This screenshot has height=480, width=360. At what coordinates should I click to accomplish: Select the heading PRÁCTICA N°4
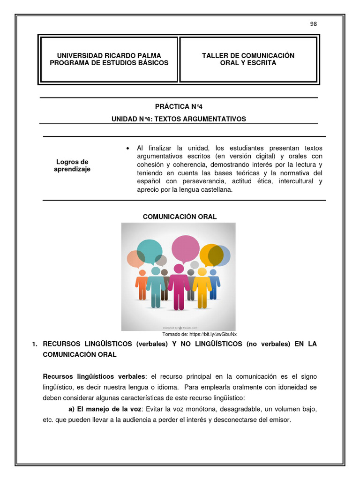[179, 107]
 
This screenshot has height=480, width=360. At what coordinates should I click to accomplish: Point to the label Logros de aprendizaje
[72, 165]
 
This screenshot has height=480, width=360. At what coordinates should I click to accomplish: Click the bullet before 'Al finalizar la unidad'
[127, 149]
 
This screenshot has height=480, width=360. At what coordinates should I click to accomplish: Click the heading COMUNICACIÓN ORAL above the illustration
[180, 217]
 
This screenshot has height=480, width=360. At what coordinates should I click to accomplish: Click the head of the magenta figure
[179, 269]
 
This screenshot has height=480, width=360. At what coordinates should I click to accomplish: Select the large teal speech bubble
[150, 251]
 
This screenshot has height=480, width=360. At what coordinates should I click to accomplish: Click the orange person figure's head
[142, 272]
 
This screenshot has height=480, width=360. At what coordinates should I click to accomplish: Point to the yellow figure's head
[202, 272]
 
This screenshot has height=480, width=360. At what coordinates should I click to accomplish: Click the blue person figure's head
[213, 272]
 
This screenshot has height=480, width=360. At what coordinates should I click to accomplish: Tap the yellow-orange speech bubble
[211, 255]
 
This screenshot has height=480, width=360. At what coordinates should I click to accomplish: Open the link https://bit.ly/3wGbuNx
[213, 334]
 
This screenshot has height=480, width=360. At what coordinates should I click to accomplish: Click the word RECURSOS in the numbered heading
[63, 344]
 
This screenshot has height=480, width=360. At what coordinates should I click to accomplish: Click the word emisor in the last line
[280, 420]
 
